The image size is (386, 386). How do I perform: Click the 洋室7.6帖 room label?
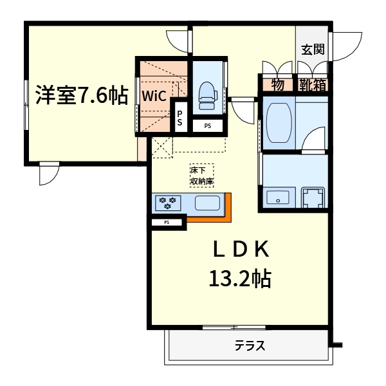81,95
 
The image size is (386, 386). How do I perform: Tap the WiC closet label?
155,96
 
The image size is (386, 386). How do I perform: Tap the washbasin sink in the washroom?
278,198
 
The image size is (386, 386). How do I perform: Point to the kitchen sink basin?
208,204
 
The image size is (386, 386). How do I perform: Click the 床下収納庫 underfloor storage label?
201,176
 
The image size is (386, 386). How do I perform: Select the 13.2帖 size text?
239,279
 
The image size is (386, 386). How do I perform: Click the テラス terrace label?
250,346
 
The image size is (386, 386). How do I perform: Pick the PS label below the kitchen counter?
167,223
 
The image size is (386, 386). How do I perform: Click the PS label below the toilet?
207,126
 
